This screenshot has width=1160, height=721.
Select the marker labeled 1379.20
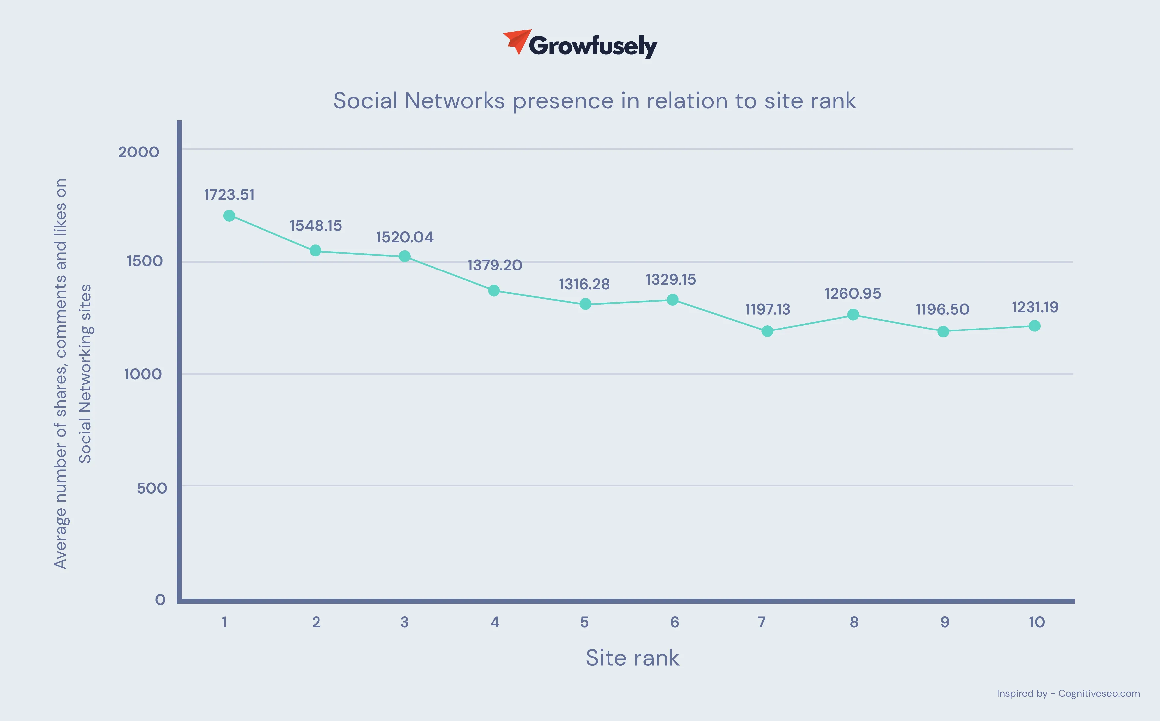pyautogui.click(x=494, y=290)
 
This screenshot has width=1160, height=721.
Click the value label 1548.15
pyautogui.click(x=316, y=225)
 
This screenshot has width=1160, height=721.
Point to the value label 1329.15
pyautogui.click(x=670, y=279)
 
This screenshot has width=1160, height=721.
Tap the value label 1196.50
pyautogui.click(x=943, y=309)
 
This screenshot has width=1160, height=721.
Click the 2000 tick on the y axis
pyautogui.click(x=138, y=152)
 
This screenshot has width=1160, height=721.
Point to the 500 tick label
pyautogui.click(x=151, y=488)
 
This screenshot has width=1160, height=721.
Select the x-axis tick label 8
pyautogui.click(x=854, y=622)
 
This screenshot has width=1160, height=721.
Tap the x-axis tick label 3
pyautogui.click(x=404, y=622)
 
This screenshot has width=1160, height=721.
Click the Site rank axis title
pyautogui.click(x=632, y=658)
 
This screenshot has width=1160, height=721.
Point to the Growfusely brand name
pyautogui.click(x=593, y=46)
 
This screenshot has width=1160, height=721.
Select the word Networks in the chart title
pyautogui.click(x=454, y=101)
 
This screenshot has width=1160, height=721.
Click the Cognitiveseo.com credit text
pyautogui.click(x=1099, y=693)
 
